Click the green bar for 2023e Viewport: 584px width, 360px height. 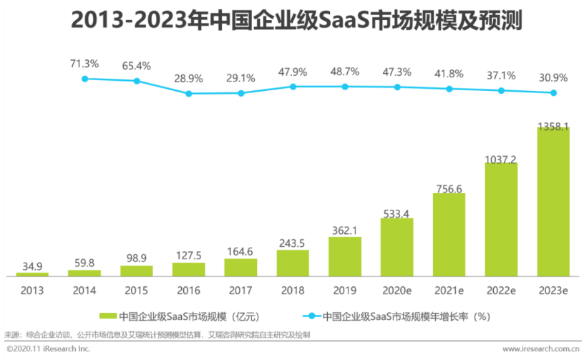coord(553,202)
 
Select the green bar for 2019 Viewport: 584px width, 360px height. coord(345,256)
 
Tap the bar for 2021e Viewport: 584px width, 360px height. coord(449,235)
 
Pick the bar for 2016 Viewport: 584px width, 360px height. coord(188,269)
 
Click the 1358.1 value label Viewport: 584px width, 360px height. coord(553,127)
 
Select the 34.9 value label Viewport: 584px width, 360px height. coord(32,266)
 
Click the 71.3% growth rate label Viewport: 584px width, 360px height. coord(84,64)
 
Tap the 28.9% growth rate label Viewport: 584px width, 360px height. coord(188,77)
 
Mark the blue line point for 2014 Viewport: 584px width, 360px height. coord(84,79)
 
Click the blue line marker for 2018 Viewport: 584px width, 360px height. coord(293,87)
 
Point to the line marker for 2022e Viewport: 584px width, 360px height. coord(501,91)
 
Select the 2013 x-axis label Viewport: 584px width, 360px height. coord(32,290)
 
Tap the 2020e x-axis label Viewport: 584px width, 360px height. coord(396,290)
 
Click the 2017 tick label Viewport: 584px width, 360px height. coord(240,290)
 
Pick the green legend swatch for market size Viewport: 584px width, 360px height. coord(108,315)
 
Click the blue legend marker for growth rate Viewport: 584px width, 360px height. coord(311,315)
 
